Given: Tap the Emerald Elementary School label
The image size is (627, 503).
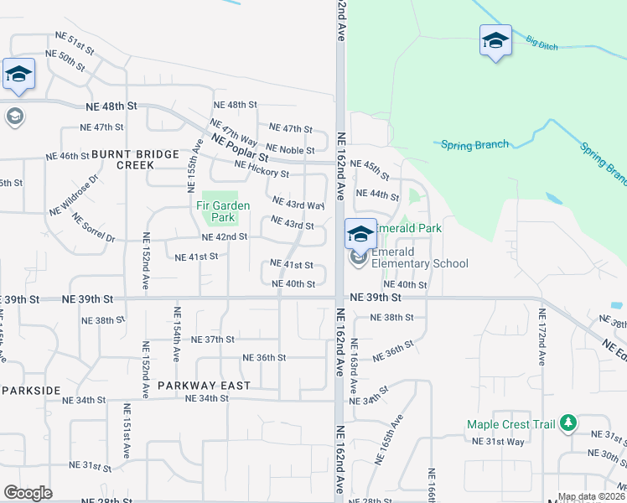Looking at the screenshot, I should [419, 257].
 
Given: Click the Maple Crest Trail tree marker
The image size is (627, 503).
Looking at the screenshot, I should [568, 423].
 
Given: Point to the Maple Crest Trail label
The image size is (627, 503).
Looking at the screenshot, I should [511, 424].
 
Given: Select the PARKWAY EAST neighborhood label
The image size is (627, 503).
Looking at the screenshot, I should [204, 386].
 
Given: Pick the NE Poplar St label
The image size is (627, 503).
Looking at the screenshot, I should [240, 148].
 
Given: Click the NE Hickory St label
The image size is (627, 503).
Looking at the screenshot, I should [262, 169].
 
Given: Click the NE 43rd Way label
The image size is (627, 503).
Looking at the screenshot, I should [298, 204].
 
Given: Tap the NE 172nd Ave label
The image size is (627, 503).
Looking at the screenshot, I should [542, 336].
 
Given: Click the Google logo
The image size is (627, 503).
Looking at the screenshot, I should [28, 493].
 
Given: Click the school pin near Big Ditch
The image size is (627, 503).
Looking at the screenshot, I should [495, 40].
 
